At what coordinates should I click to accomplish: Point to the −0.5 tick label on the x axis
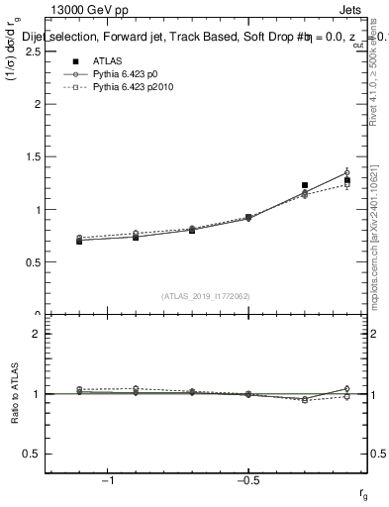point(246,481)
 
